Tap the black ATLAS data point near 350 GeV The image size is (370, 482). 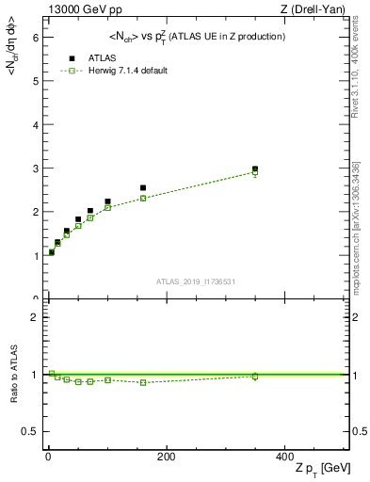coord(255,169)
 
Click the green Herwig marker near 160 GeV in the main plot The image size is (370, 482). coord(143,198)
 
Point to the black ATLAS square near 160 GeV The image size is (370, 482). coord(143,188)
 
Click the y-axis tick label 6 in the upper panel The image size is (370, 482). coord(35,37)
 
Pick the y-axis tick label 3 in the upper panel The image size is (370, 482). coord(35,169)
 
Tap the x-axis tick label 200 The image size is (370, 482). coord(166,457)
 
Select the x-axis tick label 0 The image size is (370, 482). coord(48,457)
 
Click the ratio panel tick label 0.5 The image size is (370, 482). coord(31,431)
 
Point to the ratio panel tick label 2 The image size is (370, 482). coord(35,317)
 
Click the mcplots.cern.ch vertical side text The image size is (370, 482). coord(360,226)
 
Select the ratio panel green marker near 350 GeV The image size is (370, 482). coord(255,377)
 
